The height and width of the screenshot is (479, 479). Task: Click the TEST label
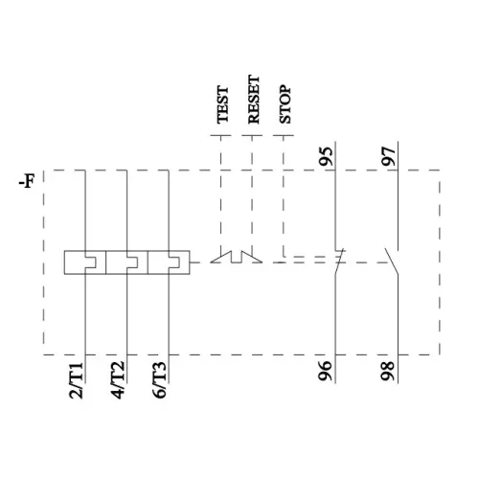pyautogui.click(x=222, y=104)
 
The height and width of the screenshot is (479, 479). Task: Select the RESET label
pyautogui.click(x=254, y=100)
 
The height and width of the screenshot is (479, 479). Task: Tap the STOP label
pyautogui.click(x=285, y=104)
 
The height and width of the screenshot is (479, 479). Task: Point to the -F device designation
pyautogui.click(x=27, y=182)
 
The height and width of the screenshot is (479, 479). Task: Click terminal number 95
pyautogui.click(x=327, y=156)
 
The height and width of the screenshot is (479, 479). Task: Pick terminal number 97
pyautogui.click(x=389, y=156)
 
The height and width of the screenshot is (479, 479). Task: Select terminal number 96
pyautogui.click(x=326, y=371)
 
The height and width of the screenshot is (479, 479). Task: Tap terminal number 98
pyautogui.click(x=388, y=371)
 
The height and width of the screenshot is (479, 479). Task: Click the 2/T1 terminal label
pyautogui.click(x=77, y=380)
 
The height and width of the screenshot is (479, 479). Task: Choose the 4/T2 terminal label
pyautogui.click(x=118, y=380)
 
